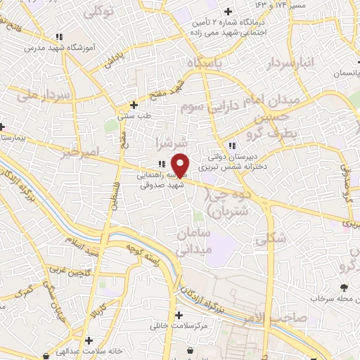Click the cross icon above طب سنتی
pos(134,105)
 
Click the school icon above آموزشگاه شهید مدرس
pos(60,36)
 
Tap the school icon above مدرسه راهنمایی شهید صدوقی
pos(162,164)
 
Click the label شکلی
pos(272,238)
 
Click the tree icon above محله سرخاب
pos(343,287)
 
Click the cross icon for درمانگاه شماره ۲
pos(227,11)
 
